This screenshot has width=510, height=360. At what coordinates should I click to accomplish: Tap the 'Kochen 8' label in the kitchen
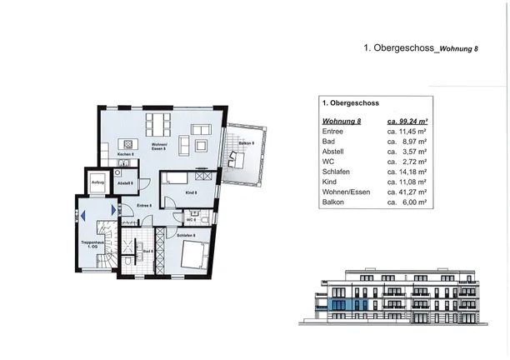click(x=125, y=154)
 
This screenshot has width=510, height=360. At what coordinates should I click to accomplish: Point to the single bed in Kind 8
click(x=177, y=177)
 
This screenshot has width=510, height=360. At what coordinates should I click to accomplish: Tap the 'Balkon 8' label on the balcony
click(x=245, y=143)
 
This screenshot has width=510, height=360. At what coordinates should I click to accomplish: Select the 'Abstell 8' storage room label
click(x=125, y=182)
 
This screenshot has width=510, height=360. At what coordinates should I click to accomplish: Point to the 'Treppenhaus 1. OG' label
click(x=91, y=245)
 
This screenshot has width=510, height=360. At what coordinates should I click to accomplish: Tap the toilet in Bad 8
click(x=124, y=259)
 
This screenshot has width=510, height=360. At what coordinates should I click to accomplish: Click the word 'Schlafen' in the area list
click(x=335, y=167)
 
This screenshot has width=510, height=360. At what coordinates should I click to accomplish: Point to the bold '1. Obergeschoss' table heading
click(x=350, y=103)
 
